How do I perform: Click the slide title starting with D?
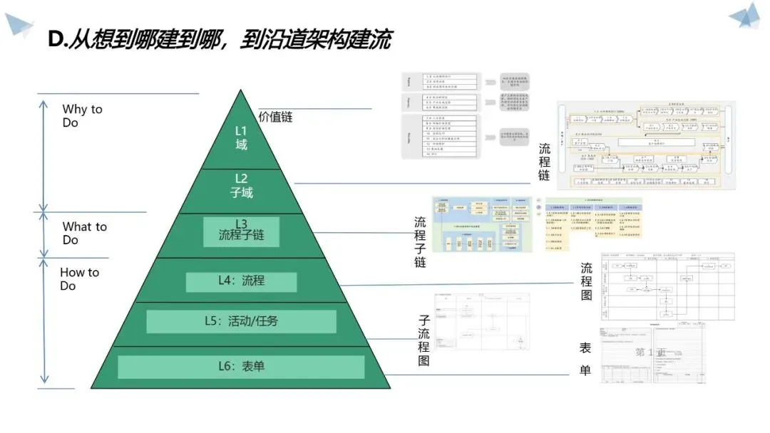(x=219, y=40)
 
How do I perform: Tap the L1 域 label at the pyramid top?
(x=241, y=137)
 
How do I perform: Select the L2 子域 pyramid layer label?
(x=241, y=185)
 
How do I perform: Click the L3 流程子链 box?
(x=240, y=231)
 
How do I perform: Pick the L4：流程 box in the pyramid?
(x=241, y=281)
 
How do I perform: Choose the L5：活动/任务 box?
(x=241, y=321)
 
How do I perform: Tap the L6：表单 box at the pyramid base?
(x=241, y=367)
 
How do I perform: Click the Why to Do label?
(x=81, y=115)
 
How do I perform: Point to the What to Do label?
(x=83, y=233)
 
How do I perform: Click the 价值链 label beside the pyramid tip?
(x=275, y=117)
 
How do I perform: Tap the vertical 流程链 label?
(x=545, y=162)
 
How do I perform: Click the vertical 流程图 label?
(x=586, y=281)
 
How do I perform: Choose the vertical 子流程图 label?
(x=423, y=340)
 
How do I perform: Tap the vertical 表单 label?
(x=585, y=359)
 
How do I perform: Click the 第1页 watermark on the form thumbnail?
(x=650, y=353)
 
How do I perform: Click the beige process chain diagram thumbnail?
(x=645, y=145)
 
